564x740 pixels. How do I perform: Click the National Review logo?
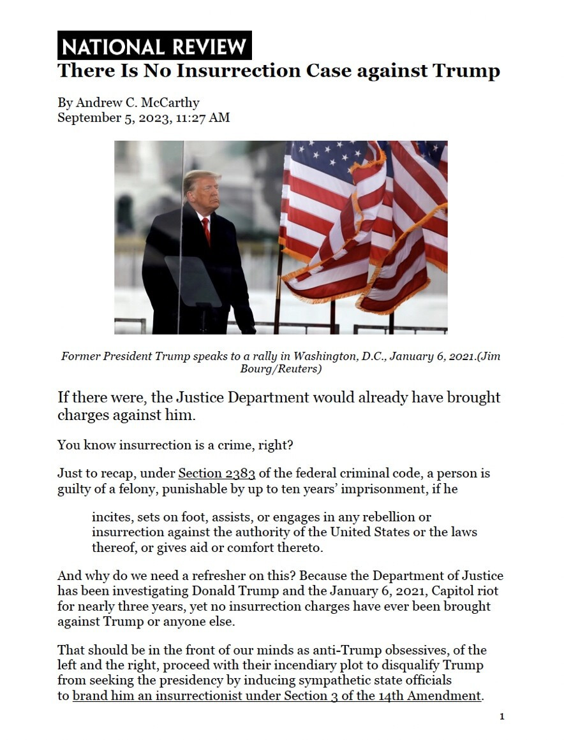[154, 46]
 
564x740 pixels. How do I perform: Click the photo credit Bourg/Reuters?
[281, 369]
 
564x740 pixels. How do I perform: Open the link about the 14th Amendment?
[276, 696]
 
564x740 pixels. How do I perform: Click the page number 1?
[501, 717]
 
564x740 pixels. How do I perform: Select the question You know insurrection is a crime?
[175, 445]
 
